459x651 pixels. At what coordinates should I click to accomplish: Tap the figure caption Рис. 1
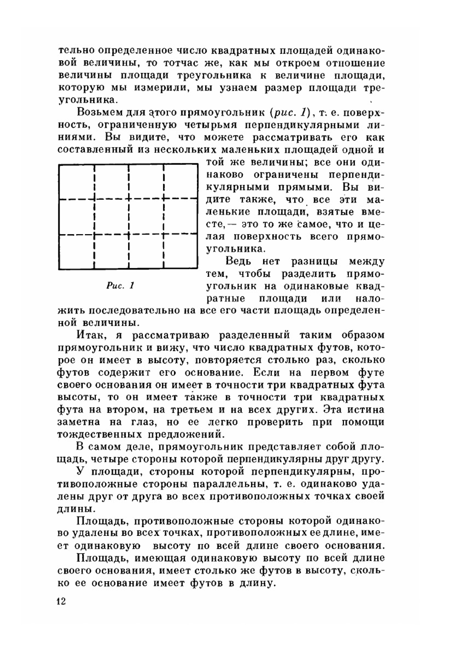click(x=120, y=286)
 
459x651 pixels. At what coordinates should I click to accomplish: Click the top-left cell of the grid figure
click(x=77, y=182)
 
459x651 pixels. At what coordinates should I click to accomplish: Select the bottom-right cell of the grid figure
click(x=181, y=252)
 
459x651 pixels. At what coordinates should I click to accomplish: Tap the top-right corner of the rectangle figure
click(x=197, y=165)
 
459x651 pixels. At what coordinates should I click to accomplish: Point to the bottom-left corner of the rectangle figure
click(x=59, y=269)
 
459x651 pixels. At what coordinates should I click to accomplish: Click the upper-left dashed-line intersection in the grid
click(x=94, y=199)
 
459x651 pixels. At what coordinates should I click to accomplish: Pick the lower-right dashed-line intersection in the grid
click(x=164, y=234)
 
